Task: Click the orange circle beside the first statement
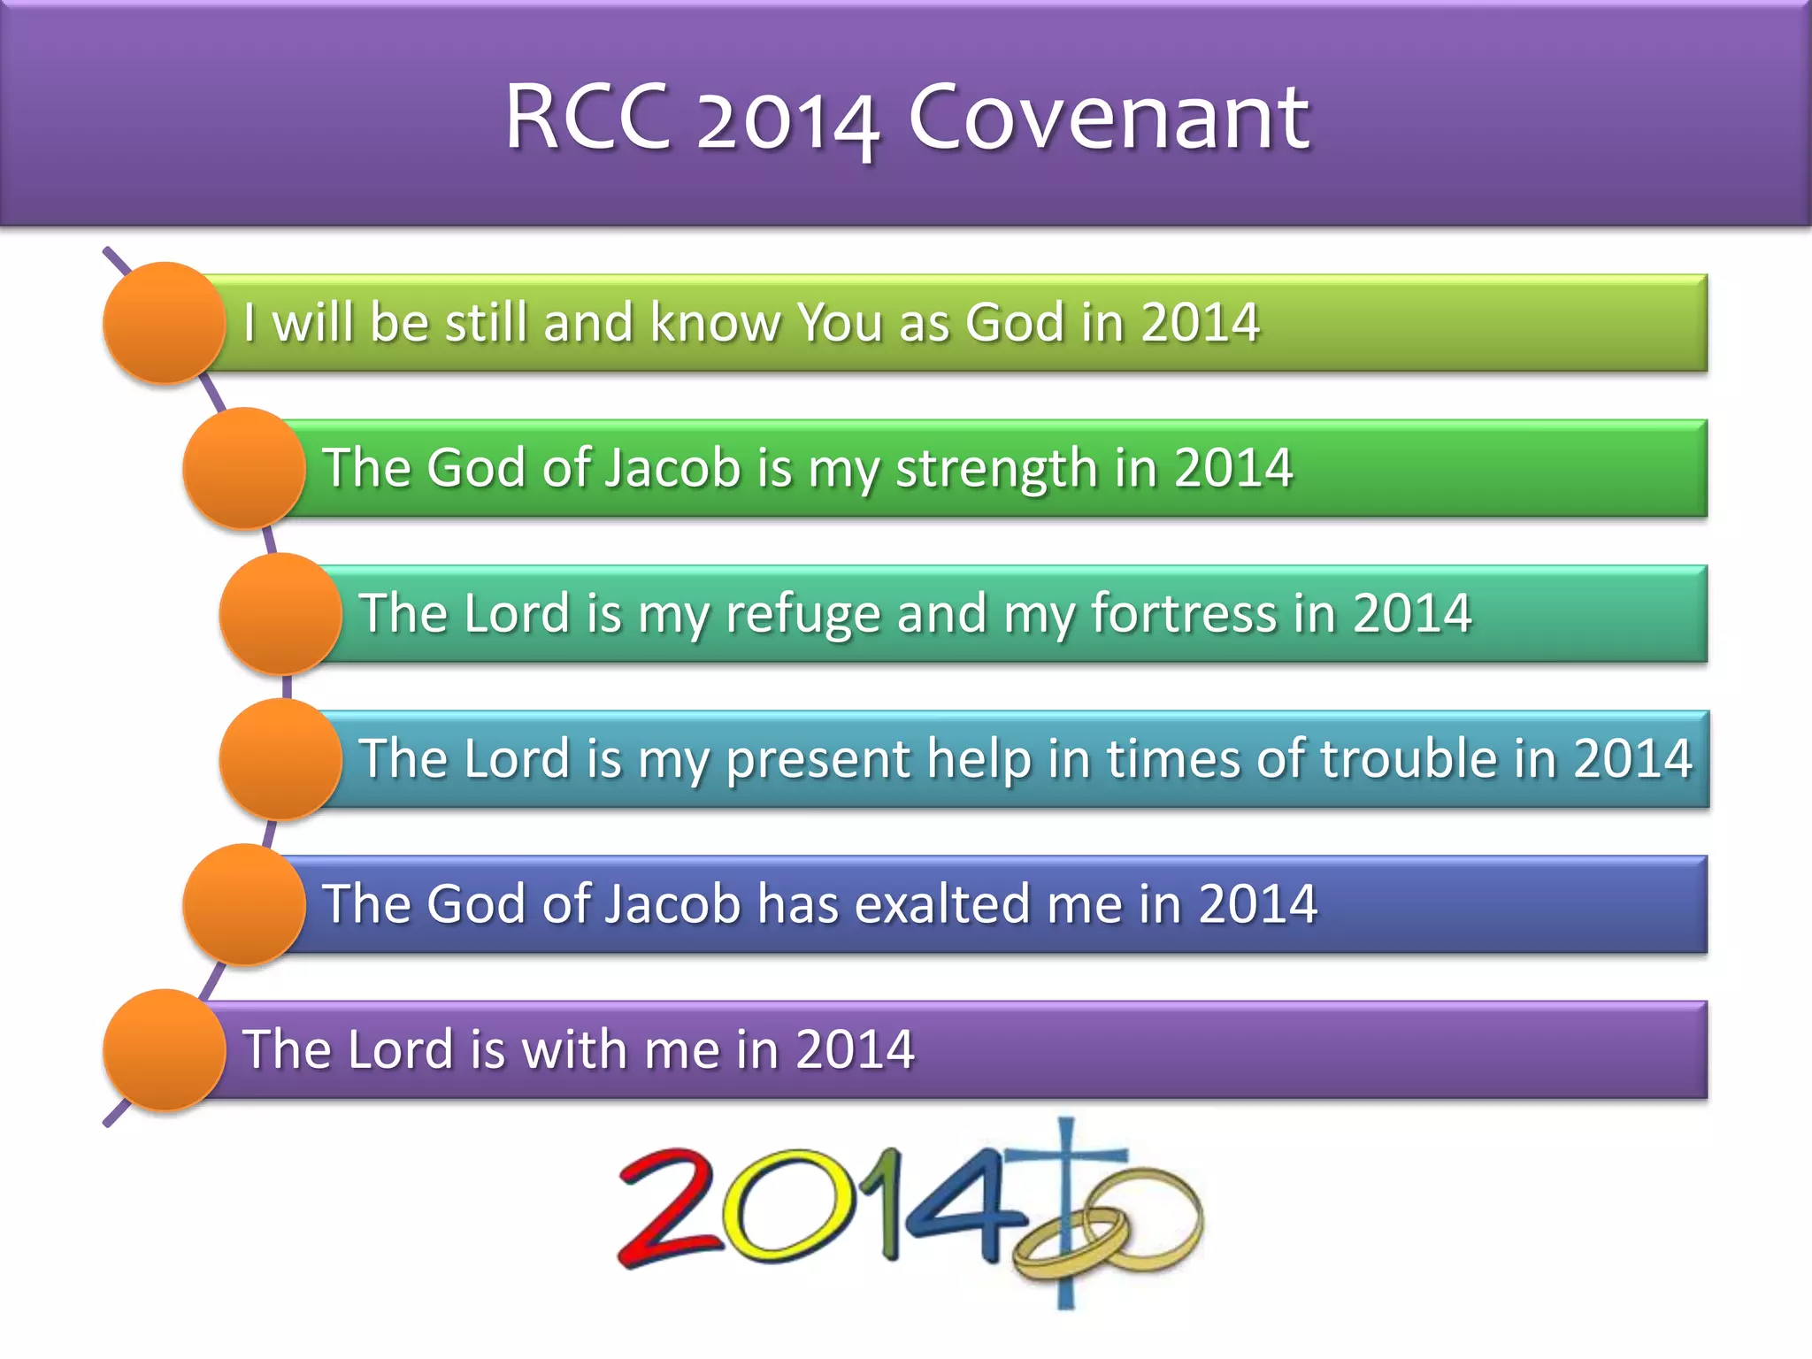165,323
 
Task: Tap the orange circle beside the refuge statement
280,614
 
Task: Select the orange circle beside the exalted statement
244,904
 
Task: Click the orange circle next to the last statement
165,1050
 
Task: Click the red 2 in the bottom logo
669,1208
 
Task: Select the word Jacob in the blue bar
672,904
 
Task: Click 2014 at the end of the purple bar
855,1050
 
